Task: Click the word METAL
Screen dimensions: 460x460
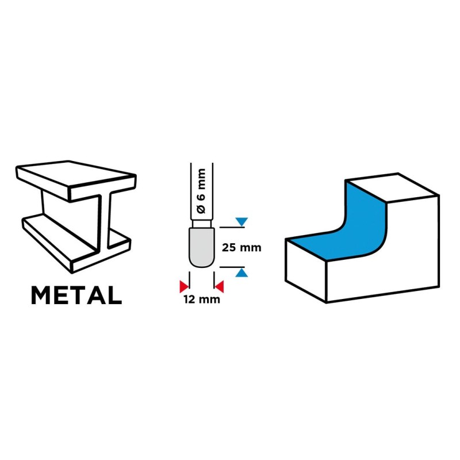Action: [76, 295]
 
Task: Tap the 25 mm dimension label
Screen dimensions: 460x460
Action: [241, 248]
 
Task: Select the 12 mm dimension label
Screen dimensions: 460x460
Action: [202, 299]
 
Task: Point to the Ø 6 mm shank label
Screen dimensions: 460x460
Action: [202, 191]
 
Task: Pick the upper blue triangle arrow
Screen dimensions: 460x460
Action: [241, 221]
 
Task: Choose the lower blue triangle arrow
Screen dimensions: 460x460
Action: [241, 273]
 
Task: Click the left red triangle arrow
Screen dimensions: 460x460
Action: [184, 286]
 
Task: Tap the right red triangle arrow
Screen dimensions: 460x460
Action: [220, 286]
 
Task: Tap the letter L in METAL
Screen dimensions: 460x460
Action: [116, 295]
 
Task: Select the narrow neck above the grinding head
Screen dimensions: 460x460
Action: [202, 224]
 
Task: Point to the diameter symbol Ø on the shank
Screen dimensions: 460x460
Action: [202, 209]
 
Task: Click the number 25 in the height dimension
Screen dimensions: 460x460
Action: [229, 248]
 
